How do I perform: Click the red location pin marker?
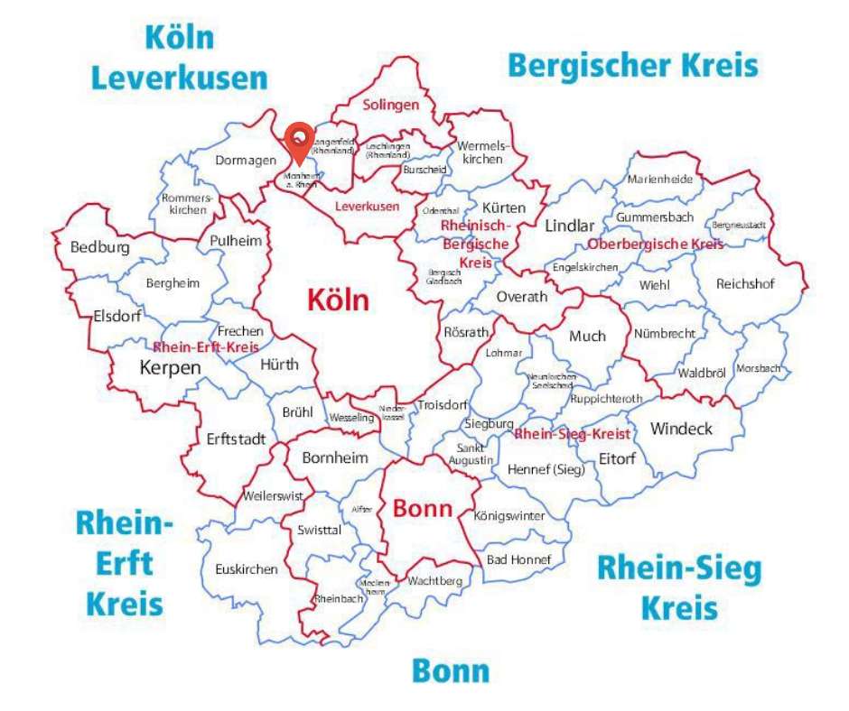click(x=298, y=141)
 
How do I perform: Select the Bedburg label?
click(x=99, y=247)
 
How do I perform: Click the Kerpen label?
click(x=170, y=367)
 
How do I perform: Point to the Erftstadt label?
click(x=236, y=439)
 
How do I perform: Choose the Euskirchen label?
click(x=247, y=569)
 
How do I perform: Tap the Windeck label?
click(x=681, y=429)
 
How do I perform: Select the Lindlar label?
click(x=569, y=226)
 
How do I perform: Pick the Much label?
click(x=587, y=336)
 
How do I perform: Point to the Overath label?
click(x=522, y=297)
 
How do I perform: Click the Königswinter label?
click(x=509, y=516)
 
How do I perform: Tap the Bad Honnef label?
click(x=518, y=559)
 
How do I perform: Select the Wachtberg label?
click(x=434, y=581)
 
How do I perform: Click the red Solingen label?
click(x=391, y=105)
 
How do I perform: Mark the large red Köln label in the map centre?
click(x=338, y=300)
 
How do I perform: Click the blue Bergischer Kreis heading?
click(x=632, y=66)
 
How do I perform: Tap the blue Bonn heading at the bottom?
click(x=451, y=671)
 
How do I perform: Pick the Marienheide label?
click(x=660, y=179)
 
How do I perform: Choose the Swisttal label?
click(x=319, y=531)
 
